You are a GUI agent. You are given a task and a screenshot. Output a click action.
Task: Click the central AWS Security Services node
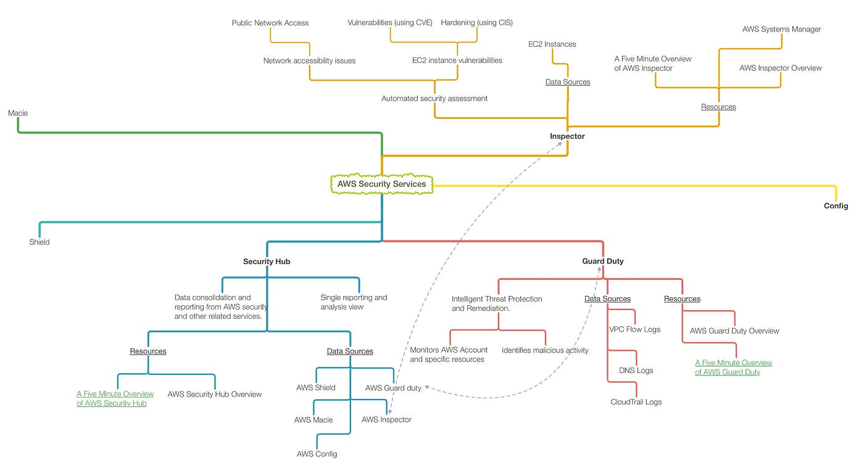381,184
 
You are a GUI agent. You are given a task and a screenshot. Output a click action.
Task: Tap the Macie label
18,113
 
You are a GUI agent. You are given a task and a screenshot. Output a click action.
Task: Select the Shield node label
39,242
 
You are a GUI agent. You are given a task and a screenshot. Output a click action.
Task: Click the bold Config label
836,206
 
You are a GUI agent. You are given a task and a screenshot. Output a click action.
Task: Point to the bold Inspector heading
567,136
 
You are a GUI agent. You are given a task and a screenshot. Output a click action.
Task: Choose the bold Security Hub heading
267,261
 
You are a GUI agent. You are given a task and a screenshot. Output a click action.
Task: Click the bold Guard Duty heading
602,261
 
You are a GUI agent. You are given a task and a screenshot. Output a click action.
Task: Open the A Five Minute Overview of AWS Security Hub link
115,398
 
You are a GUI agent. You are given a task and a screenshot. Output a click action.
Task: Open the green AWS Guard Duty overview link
733,368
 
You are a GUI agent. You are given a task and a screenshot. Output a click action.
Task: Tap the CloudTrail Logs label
636,401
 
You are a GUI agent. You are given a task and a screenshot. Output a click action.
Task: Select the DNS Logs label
636,371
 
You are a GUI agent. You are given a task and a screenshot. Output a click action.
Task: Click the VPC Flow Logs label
634,329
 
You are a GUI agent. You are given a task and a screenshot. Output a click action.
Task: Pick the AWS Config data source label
317,454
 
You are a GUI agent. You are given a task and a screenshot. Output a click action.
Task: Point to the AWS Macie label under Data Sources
314,420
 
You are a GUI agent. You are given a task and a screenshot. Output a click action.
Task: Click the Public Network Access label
270,23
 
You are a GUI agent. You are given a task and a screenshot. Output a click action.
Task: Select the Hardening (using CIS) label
476,22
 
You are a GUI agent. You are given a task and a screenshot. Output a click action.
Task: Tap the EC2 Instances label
552,44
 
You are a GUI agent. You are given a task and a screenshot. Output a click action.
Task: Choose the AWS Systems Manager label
781,30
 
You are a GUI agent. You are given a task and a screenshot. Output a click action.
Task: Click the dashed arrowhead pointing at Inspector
559,144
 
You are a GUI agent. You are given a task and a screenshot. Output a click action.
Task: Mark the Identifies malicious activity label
545,350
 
